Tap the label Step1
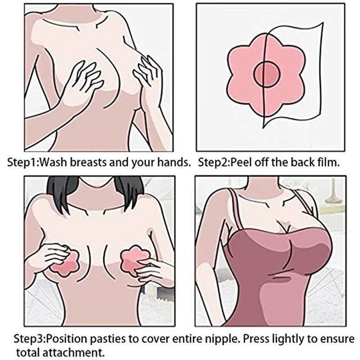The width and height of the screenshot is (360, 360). coord(22,163)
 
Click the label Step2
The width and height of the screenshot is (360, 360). coord(213,163)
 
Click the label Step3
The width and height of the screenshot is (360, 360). coord(30,339)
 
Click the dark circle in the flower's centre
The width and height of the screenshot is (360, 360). coord(267,74)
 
